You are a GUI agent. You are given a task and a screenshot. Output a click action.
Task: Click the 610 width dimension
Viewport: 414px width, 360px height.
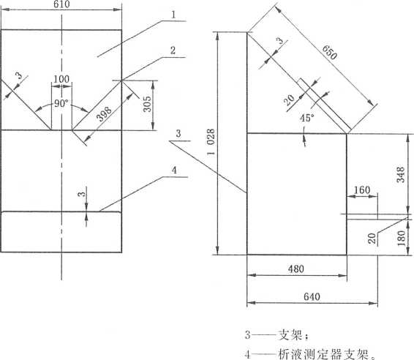[x=61, y=4]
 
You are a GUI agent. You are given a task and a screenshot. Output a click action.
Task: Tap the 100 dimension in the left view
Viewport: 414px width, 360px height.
[x=61, y=79]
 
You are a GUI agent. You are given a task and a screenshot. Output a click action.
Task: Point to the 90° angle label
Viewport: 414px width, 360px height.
[x=61, y=103]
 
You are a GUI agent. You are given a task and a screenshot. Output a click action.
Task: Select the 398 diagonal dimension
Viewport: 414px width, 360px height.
[x=105, y=114]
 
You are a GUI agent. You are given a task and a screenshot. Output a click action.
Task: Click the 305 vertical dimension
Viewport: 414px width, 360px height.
[x=147, y=104]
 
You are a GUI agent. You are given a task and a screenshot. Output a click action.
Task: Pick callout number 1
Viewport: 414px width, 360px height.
[x=173, y=15]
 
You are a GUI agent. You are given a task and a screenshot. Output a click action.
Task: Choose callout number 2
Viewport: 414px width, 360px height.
[x=173, y=50]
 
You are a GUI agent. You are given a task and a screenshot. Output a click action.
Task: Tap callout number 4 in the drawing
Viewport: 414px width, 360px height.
[x=174, y=170]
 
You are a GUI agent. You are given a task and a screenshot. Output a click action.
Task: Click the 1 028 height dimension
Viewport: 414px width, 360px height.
[x=211, y=143]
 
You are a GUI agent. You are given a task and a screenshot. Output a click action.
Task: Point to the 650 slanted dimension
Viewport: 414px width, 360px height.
[x=329, y=52]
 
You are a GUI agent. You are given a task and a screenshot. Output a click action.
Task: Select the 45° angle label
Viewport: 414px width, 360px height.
[x=307, y=118]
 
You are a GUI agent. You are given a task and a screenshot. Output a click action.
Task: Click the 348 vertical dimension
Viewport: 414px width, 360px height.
[x=401, y=175]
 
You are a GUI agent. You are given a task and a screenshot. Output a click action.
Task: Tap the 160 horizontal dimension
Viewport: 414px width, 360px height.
[x=362, y=190]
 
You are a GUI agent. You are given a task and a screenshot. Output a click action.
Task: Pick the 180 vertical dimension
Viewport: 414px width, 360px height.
[x=401, y=238]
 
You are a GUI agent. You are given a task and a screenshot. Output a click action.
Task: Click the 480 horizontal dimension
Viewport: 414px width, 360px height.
[x=296, y=269]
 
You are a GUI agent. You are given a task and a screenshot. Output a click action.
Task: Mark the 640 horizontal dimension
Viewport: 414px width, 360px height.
[x=312, y=296]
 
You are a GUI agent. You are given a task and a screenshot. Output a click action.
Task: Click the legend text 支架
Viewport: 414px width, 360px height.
[x=290, y=335]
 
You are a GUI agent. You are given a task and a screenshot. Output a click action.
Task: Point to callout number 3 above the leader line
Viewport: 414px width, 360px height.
[x=178, y=134]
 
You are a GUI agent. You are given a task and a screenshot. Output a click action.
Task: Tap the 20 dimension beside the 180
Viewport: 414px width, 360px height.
[x=372, y=239]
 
